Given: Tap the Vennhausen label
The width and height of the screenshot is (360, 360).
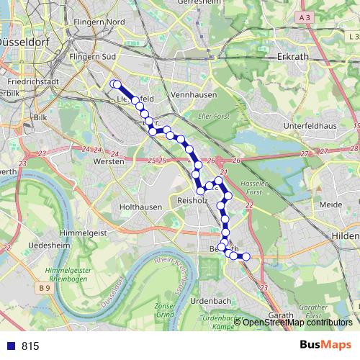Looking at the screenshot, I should point(191,95).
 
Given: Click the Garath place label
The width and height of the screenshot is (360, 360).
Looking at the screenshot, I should point(280,315).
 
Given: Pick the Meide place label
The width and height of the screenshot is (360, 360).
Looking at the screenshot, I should point(330,204).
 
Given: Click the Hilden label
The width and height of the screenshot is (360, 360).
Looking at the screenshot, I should point(346,235).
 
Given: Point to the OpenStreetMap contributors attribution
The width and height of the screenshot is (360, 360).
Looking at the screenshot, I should point(297,323).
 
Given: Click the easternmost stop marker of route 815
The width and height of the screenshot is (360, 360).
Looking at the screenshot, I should point(246,256).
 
